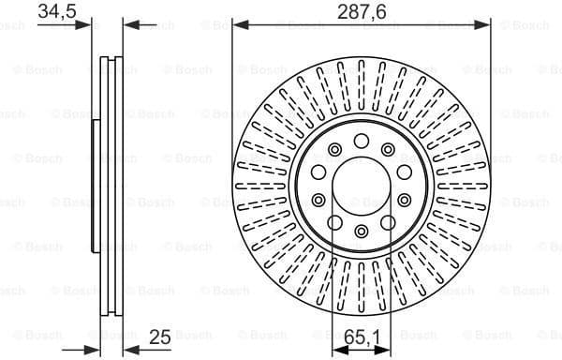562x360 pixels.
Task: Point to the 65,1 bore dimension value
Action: [362, 336]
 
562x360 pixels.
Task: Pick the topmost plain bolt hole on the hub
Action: [362, 141]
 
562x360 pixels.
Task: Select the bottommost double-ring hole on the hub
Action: [362, 232]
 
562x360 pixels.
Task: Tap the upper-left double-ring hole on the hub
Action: [335, 149]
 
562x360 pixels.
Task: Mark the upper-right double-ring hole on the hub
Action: [388, 149]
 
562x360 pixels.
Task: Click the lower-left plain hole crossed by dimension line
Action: [320, 200]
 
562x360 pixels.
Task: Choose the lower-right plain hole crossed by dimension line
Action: [403, 200]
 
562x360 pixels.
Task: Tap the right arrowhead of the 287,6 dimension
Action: [485, 25]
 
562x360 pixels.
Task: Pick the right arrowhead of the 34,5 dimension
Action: [129, 25]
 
